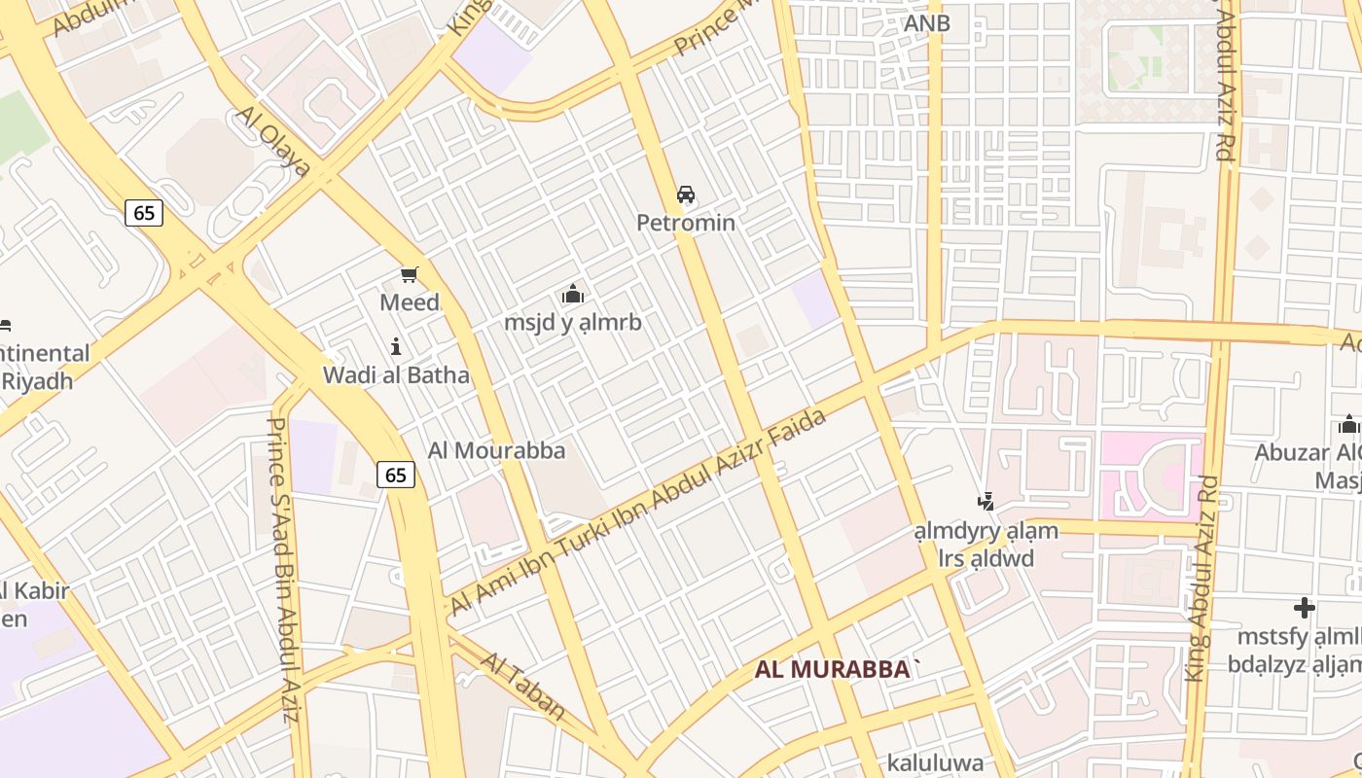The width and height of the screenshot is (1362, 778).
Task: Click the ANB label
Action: (926, 23)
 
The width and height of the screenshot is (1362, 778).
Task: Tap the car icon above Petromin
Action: (686, 194)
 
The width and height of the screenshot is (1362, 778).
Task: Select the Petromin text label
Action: (686, 223)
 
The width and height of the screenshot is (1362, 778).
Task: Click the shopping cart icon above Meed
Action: (409, 275)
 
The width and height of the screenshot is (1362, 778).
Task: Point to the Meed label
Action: (410, 302)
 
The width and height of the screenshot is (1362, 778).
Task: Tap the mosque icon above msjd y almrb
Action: (573, 294)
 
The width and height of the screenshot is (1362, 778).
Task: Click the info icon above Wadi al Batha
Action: (396, 346)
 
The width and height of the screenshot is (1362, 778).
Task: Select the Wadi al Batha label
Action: (396, 374)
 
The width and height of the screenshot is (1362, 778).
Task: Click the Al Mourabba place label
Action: (496, 450)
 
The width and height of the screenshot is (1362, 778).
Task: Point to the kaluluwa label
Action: (935, 762)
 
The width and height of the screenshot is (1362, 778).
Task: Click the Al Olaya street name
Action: (273, 142)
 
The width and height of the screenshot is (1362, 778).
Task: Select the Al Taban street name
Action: (523, 687)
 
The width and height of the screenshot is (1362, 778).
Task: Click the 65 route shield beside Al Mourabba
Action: (395, 475)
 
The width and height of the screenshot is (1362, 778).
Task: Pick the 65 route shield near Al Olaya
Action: (143, 213)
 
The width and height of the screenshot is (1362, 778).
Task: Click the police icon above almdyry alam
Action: (986, 502)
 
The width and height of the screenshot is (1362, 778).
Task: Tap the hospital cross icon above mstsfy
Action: (1305, 609)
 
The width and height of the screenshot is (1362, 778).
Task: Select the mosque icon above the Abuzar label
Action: (1348, 424)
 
